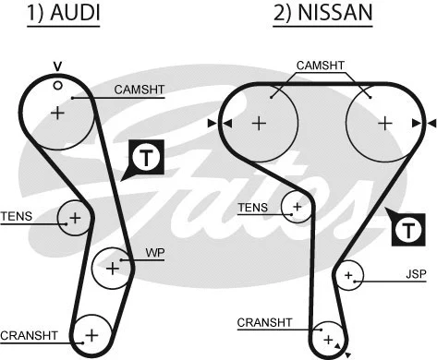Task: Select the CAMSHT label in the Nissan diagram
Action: [x=321, y=66]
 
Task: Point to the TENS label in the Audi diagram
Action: [x=16, y=217]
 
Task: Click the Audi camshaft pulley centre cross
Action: [x=57, y=113]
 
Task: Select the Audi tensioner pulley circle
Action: [x=74, y=219]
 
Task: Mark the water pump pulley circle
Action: [x=113, y=268]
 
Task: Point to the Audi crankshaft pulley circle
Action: [x=91, y=332]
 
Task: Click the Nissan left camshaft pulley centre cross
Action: [x=259, y=123]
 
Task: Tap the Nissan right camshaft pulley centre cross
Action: [x=384, y=123]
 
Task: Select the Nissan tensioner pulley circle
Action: [x=297, y=208]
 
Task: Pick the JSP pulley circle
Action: [x=350, y=275]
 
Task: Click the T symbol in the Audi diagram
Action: [x=146, y=158]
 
